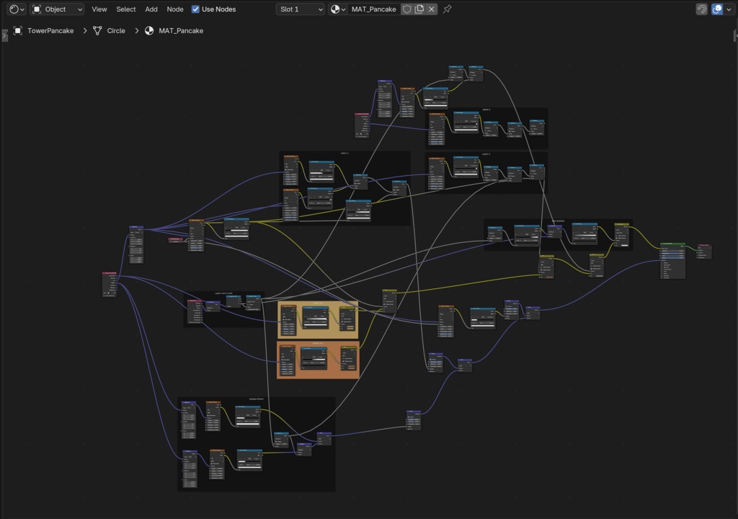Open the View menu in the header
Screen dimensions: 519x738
[x=99, y=9]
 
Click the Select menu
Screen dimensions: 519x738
[x=126, y=9]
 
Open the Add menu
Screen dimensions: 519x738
[x=151, y=9]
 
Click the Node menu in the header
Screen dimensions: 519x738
[x=175, y=9]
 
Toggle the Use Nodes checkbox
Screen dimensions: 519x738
[x=196, y=9]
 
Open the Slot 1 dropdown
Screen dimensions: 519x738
[x=301, y=9]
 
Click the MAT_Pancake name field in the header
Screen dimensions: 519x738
[x=373, y=9]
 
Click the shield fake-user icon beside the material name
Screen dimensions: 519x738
[x=407, y=9]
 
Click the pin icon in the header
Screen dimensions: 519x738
[x=448, y=9]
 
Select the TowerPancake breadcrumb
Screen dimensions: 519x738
[x=50, y=31]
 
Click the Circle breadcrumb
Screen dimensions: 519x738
[x=116, y=31]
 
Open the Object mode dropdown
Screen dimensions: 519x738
[x=57, y=9]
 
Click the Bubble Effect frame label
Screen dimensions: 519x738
[x=257, y=399]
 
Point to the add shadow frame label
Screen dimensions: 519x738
[x=558, y=221]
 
